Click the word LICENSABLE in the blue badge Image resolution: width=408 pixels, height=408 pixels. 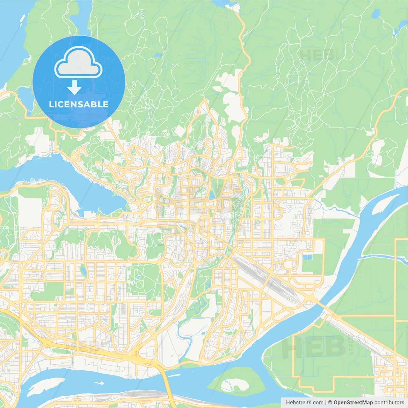[79, 104]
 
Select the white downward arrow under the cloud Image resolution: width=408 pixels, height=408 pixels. [74, 87]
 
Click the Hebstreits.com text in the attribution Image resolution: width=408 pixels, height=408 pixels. [304, 403]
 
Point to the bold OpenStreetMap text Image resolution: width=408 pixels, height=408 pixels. [353, 403]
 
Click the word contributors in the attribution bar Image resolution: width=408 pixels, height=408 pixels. [389, 403]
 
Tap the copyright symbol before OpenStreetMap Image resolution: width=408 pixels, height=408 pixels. [330, 403]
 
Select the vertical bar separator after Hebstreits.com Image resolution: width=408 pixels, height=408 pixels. [326, 403]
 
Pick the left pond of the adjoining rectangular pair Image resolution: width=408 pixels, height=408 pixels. [305, 257]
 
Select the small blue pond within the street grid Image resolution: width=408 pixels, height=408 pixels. [83, 271]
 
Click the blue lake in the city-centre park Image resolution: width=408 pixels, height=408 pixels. [212, 195]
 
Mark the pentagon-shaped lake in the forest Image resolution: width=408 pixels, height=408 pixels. [376, 13]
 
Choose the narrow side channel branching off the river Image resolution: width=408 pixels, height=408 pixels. [382, 257]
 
